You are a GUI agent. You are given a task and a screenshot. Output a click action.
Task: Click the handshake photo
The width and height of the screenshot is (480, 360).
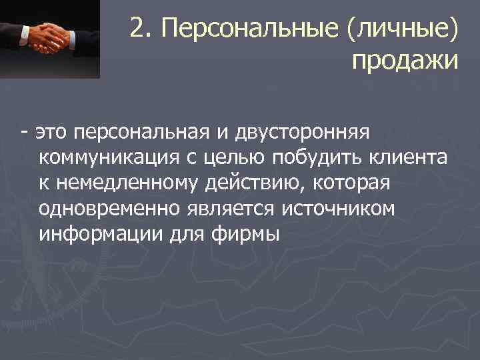50,39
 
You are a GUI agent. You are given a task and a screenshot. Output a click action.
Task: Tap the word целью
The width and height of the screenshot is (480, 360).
233,157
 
